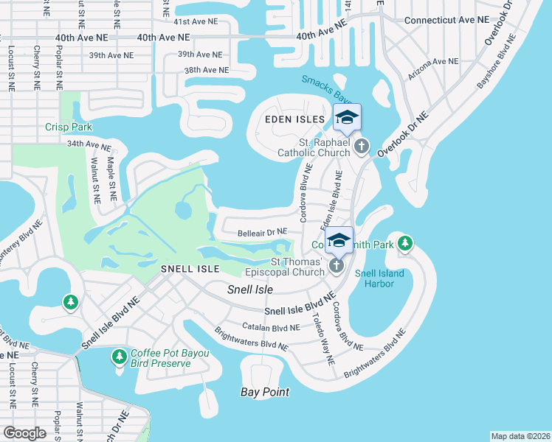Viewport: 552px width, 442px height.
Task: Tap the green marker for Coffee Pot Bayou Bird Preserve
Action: [119, 357]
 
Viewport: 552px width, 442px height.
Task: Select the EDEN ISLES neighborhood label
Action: [294, 119]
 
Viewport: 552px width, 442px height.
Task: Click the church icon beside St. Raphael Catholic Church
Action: [362, 145]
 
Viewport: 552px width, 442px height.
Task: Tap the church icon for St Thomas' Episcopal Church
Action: [337, 265]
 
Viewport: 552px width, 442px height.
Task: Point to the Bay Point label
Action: [265, 392]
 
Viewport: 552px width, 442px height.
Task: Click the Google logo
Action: [25, 433]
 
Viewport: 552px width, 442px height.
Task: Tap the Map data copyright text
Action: [520, 435]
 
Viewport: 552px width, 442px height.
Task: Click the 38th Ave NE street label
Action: [206, 70]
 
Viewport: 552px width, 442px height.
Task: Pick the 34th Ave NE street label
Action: [89, 144]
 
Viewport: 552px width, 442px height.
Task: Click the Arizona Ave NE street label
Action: [435, 69]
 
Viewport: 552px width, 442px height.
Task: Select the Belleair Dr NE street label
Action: [262, 233]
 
